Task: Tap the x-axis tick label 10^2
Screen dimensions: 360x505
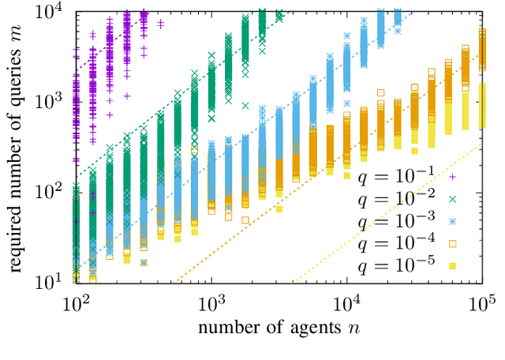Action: click(x=76, y=302)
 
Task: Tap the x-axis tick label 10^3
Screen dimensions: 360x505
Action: click(x=211, y=302)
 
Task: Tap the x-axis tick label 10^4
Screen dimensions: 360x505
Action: click(x=347, y=302)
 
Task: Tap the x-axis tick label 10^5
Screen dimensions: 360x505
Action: click(x=481, y=302)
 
